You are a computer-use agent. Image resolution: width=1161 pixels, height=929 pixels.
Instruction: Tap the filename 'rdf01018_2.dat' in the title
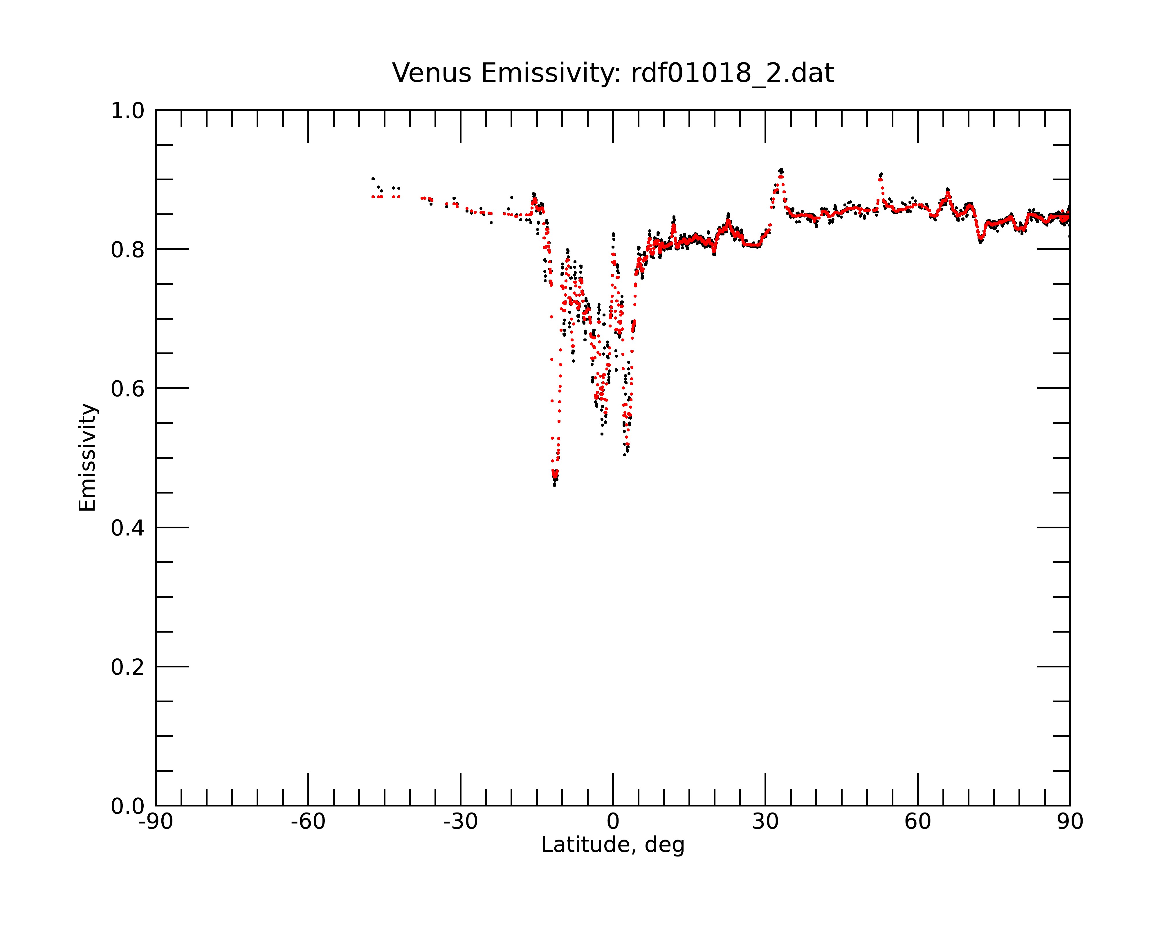[x=732, y=73]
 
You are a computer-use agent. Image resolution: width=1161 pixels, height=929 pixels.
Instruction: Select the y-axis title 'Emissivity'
[x=87, y=457]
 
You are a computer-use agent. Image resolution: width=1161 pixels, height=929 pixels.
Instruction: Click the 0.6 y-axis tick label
[x=128, y=388]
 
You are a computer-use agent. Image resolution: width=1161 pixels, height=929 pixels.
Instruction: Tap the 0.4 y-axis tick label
[x=128, y=528]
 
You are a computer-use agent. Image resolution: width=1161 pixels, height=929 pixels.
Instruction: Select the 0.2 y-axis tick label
[x=128, y=667]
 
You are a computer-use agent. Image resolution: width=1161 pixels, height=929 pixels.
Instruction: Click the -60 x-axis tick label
[x=308, y=822]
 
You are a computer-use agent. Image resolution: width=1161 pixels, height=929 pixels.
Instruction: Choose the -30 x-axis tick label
[x=460, y=822]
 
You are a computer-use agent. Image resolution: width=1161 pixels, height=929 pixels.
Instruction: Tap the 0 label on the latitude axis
[x=613, y=822]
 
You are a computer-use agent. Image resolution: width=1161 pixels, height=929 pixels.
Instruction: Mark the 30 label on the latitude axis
[x=765, y=822]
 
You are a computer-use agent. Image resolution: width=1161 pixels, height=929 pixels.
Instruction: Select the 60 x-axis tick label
[x=917, y=822]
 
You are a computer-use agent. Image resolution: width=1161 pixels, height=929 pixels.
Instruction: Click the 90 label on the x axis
[x=1070, y=822]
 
